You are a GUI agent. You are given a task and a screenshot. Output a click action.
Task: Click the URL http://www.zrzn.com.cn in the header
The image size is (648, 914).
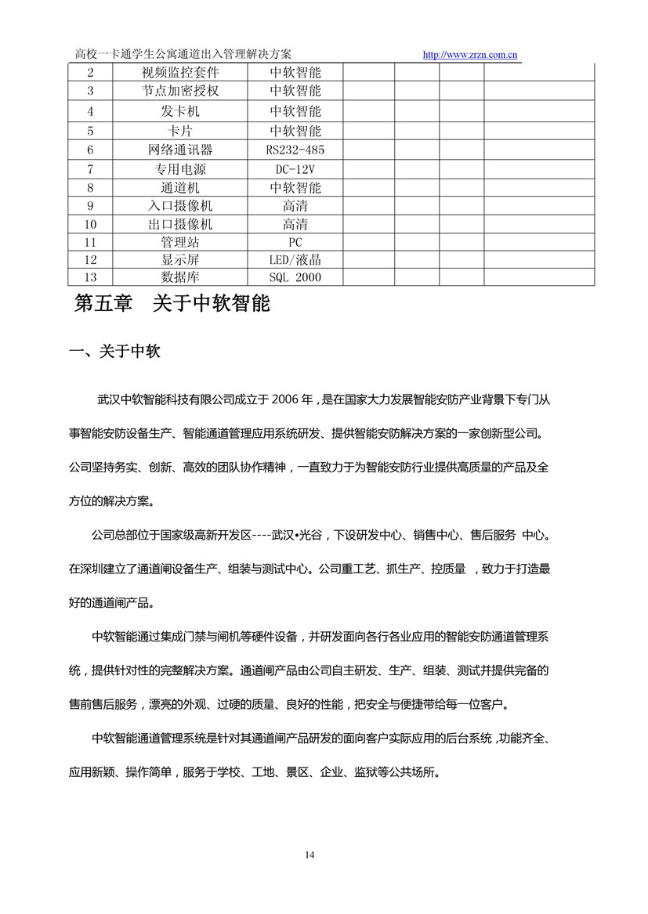click(x=470, y=55)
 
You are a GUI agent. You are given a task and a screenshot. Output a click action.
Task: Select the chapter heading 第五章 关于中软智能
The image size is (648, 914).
click(x=172, y=304)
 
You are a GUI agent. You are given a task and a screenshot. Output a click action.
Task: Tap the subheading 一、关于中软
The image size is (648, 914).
click(x=115, y=352)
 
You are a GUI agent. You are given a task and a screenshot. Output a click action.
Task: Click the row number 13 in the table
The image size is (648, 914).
click(x=90, y=277)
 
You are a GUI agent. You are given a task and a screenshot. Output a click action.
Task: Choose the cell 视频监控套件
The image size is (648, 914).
click(x=180, y=73)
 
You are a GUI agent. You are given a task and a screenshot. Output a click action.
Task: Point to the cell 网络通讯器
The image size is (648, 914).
click(x=180, y=150)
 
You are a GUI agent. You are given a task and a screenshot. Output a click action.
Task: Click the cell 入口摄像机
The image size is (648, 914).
click(x=180, y=206)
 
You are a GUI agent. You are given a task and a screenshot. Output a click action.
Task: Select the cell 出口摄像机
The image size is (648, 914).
click(x=180, y=224)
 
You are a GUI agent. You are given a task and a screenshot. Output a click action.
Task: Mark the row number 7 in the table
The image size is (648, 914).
click(x=90, y=169)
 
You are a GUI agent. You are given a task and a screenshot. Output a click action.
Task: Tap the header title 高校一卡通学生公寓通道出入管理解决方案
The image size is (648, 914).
click(x=183, y=54)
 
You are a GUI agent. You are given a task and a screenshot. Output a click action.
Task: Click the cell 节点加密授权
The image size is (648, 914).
click(x=180, y=91)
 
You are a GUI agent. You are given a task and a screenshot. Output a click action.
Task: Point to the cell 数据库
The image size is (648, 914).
click(x=180, y=277)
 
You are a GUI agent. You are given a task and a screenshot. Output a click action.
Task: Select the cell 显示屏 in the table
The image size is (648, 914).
click(x=180, y=260)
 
